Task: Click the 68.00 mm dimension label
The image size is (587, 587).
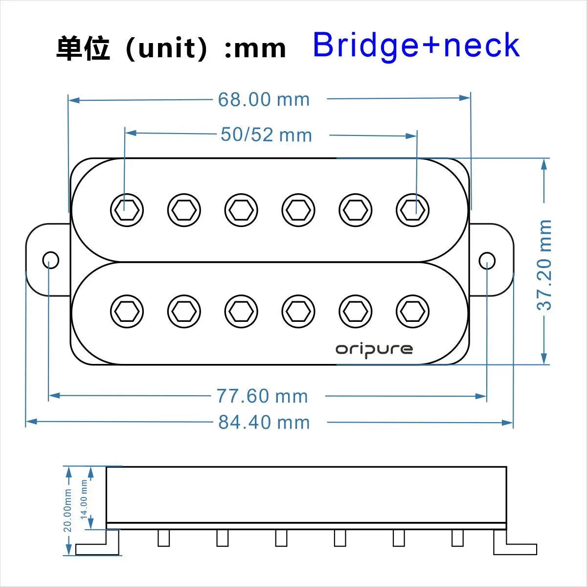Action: pos(264,100)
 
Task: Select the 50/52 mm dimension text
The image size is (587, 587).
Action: pos(266,135)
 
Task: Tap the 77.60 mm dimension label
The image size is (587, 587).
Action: pos(262,396)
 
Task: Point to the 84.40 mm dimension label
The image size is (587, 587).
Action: pos(264,423)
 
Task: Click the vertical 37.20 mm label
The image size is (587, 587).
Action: pos(544,265)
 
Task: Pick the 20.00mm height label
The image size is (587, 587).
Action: pos(68,510)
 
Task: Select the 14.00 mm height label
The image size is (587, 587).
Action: pos(84,499)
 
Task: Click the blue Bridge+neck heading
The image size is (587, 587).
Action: pos(416,45)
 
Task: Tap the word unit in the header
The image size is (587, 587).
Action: pos(166,49)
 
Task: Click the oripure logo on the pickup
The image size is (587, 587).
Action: pos(374,349)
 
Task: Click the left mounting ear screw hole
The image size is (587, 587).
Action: pos(50,260)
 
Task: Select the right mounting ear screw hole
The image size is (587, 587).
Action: pos(487,261)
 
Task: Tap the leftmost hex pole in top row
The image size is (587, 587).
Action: pos(127,210)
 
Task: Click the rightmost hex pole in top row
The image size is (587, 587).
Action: pos(412,210)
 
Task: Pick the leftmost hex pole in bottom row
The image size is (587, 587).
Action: pos(127,311)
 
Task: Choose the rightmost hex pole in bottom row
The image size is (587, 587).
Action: pos(412,311)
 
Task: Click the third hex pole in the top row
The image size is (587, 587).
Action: pos(241,210)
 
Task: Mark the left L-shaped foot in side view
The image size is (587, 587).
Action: pos(98,544)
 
